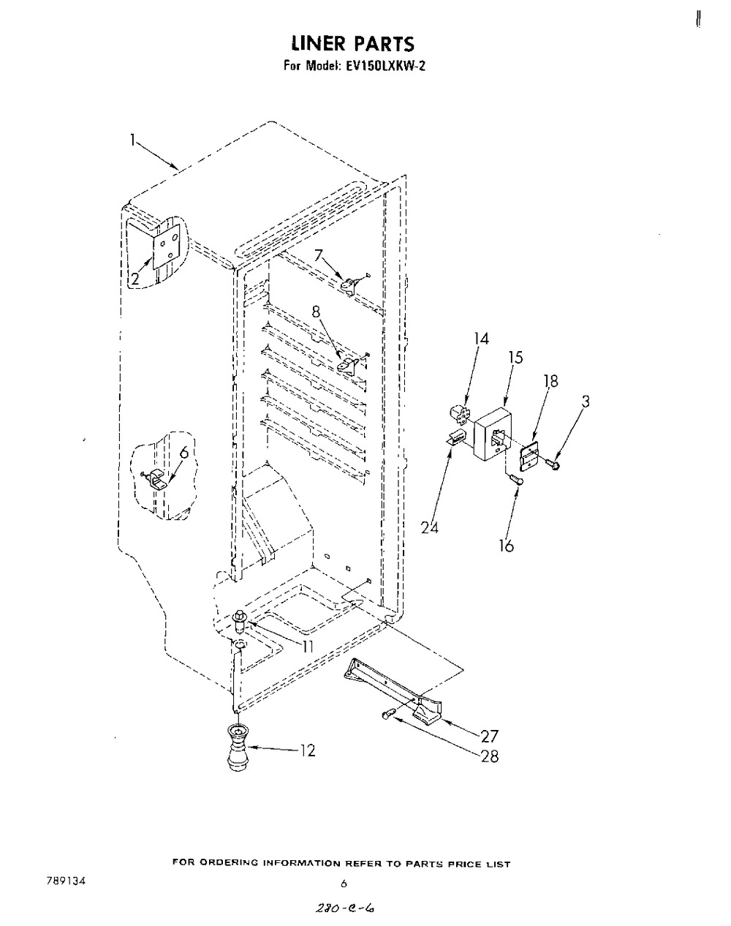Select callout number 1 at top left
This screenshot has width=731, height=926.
pyautogui.click(x=132, y=139)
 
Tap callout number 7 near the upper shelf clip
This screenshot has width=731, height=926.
pyautogui.click(x=318, y=255)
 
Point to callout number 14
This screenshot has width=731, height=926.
pyautogui.click(x=480, y=339)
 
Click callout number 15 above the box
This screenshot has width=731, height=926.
pyautogui.click(x=516, y=358)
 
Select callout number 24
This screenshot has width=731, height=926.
pyautogui.click(x=430, y=527)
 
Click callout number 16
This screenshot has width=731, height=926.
pyautogui.click(x=506, y=545)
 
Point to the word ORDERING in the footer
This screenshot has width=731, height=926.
pyautogui.click(x=232, y=864)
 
